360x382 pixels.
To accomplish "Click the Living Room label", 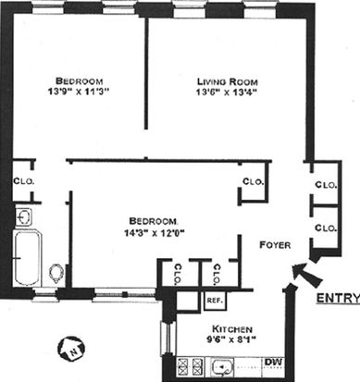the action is click(x=228, y=81).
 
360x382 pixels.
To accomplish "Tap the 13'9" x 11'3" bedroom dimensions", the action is click(x=80, y=92).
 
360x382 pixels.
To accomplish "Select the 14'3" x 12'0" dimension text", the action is click(x=155, y=233).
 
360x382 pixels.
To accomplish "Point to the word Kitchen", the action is click(x=232, y=329).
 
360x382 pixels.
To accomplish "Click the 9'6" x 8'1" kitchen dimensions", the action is click(x=231, y=339).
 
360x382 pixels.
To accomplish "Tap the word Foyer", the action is click(x=275, y=245).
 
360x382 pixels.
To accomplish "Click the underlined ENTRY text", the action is click(x=339, y=298).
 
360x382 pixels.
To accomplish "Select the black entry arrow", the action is click(x=306, y=274).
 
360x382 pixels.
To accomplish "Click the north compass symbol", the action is click(x=71, y=349).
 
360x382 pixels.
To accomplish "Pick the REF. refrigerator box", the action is click(x=215, y=301).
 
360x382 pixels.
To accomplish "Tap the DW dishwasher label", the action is click(x=273, y=362).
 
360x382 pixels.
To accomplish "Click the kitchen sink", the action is click(x=222, y=367).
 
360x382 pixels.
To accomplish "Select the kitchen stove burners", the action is click(x=191, y=367).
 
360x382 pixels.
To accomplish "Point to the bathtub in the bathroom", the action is click(x=27, y=258).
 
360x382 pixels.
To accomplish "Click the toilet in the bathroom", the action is click(x=56, y=274).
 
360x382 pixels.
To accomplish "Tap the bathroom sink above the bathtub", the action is click(x=24, y=217).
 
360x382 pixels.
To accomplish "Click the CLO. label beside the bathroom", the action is click(x=24, y=181).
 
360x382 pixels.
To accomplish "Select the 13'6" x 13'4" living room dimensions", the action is click(x=227, y=92).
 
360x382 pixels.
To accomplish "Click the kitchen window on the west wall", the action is click(x=168, y=338).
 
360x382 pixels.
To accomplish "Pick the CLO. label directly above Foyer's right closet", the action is click(x=326, y=185).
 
